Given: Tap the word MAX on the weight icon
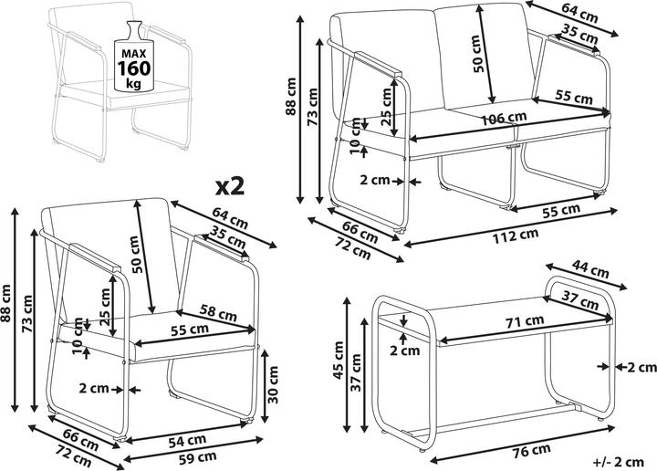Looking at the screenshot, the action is (134, 53).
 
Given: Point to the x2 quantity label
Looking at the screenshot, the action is (230, 187).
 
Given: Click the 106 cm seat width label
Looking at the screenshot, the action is (503, 119).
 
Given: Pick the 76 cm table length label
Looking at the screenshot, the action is (531, 452).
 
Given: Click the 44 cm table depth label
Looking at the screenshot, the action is (590, 269).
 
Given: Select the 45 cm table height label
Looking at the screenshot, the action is (339, 361).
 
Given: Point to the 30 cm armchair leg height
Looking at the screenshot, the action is (273, 384).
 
